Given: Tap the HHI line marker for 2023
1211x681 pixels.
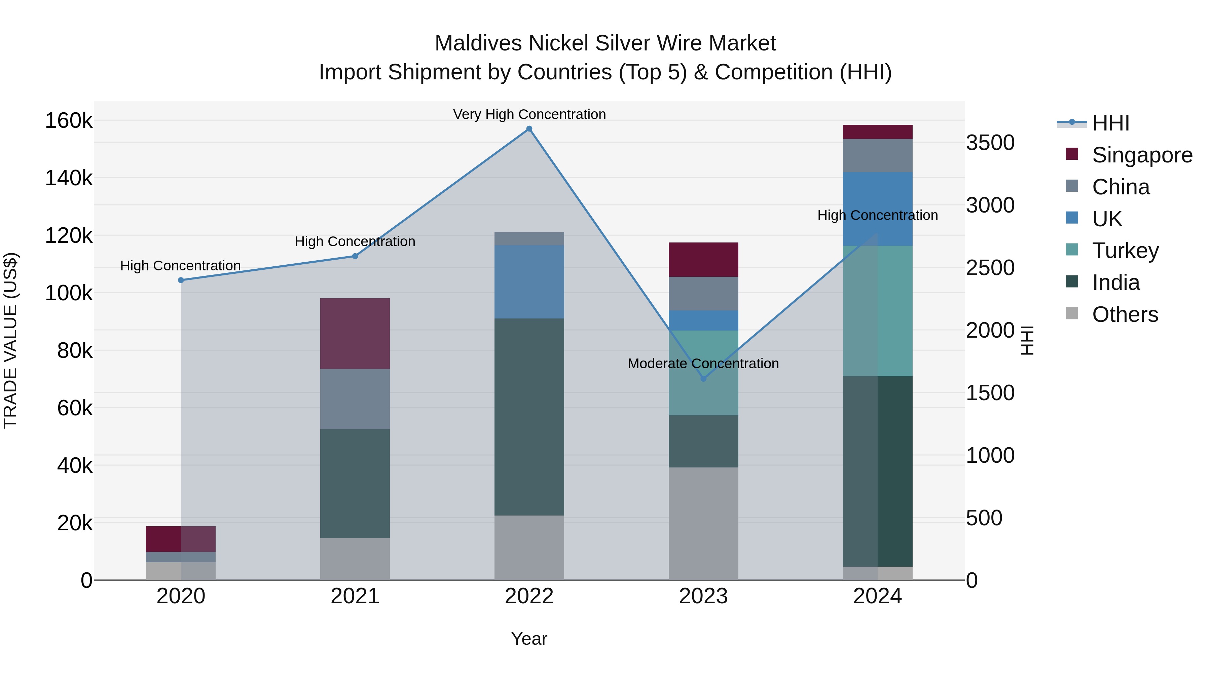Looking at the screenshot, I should point(703,379).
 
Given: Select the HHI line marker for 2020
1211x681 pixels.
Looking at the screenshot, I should point(181,280).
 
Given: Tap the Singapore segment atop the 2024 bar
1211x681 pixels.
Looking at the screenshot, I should point(877,132).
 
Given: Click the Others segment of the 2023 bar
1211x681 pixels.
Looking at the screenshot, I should point(703,524).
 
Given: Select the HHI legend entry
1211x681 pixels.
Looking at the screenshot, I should point(1111,123).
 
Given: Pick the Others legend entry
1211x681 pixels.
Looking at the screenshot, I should point(1125,314).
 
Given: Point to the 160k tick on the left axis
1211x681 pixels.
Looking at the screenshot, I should point(69,121).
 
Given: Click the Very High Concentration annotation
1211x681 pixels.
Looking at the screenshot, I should point(529,114).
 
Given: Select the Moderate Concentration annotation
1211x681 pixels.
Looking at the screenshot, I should point(703,363).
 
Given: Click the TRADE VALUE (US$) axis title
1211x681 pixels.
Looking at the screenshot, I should point(11,340).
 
